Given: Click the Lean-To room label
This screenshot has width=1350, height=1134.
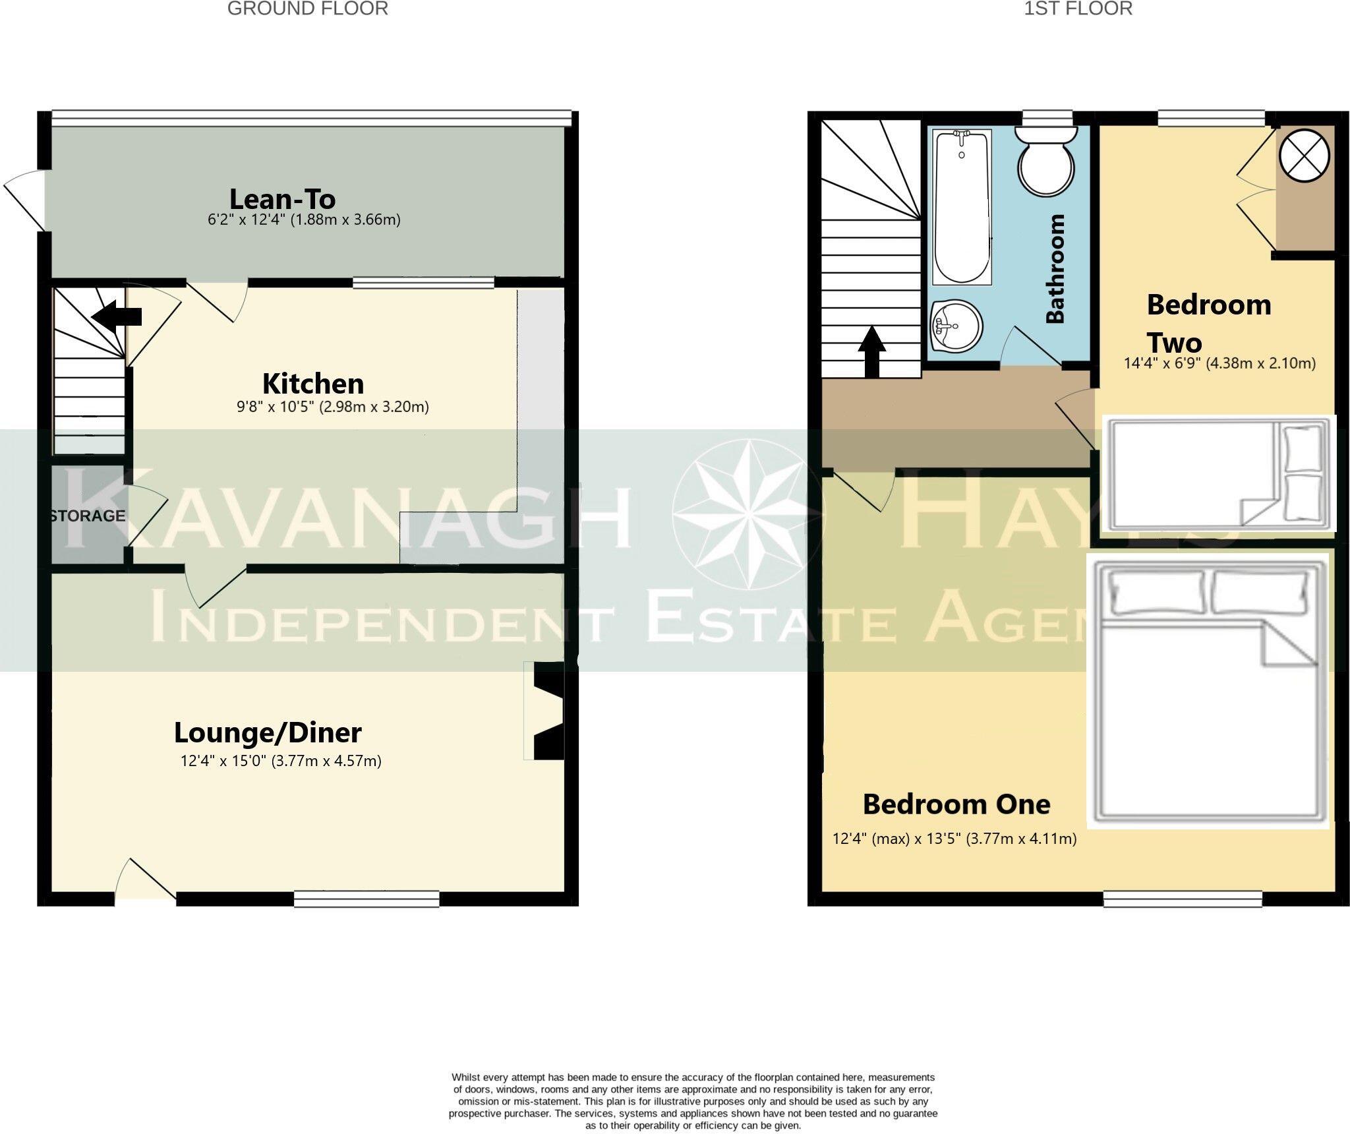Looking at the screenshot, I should (282, 199).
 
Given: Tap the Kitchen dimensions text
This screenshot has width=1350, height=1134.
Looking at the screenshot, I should (333, 407).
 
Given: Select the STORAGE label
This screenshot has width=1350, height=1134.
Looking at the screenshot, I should (87, 516).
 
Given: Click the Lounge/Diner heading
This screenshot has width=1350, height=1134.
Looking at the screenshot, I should (268, 732).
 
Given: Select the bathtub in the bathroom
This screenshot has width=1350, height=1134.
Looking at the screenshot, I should (962, 208).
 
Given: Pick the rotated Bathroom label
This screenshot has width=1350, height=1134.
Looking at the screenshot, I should (1055, 268).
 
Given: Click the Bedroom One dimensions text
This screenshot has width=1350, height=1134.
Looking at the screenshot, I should (954, 839).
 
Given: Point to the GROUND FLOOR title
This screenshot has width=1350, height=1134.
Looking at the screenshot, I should (307, 9).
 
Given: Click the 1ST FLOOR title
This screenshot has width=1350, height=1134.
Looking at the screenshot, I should (1078, 9).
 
